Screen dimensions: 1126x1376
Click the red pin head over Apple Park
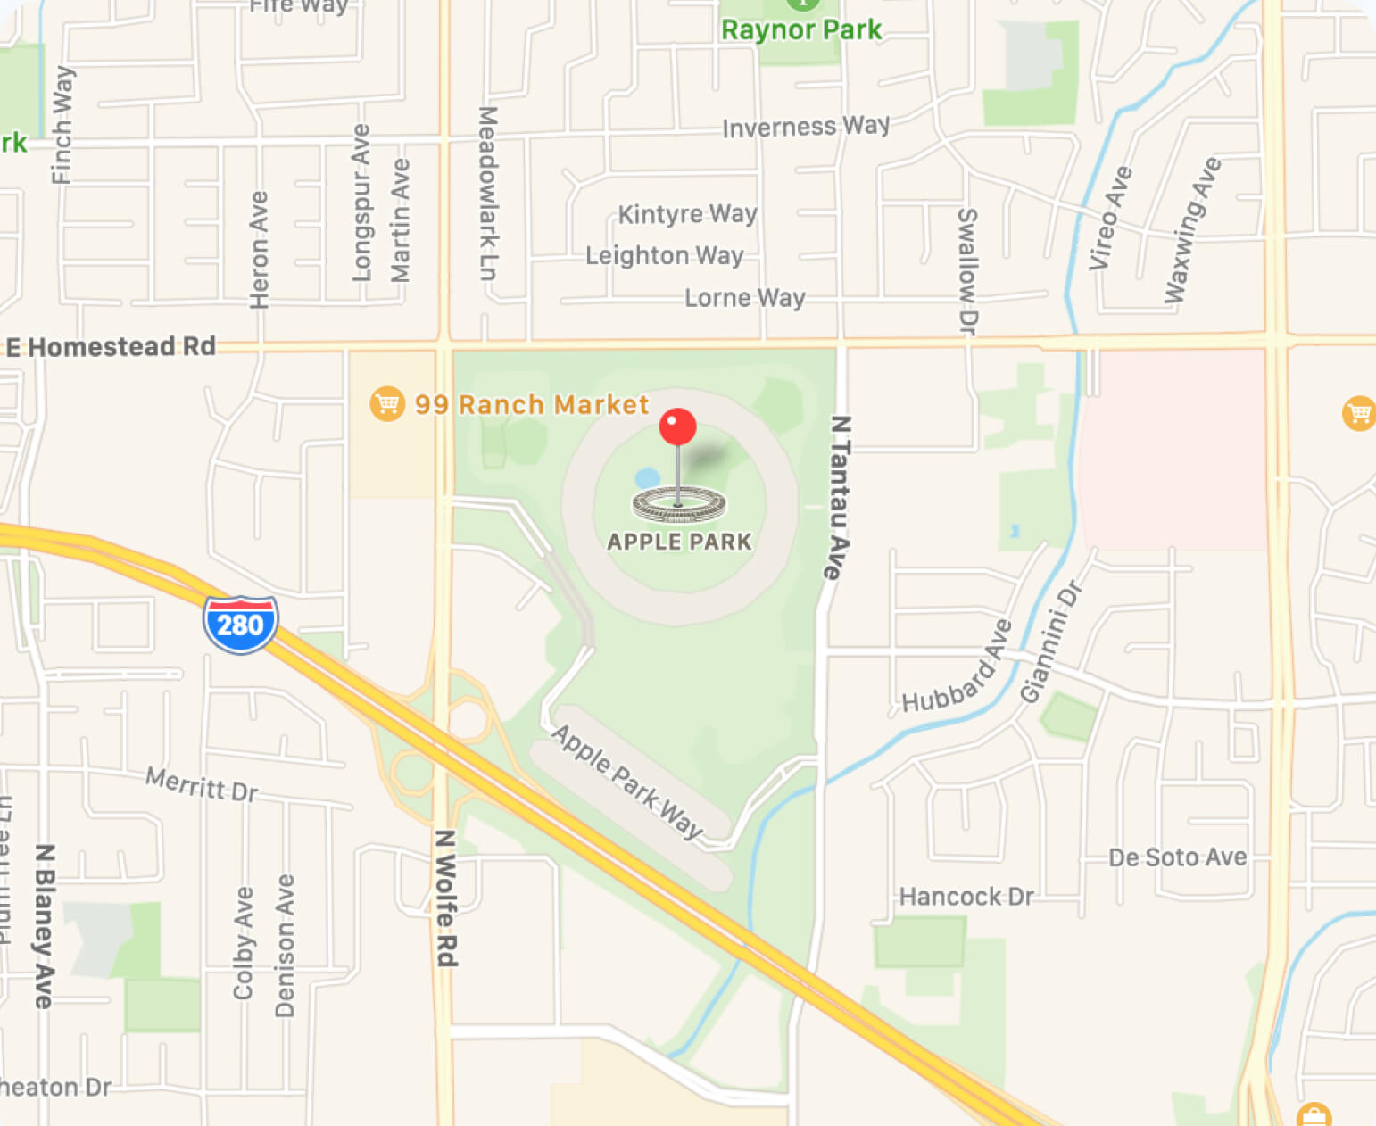pos(677,427)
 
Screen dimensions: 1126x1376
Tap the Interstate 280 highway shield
pos(240,624)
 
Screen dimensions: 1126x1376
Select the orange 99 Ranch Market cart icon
pos(386,404)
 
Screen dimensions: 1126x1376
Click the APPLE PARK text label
pos(679,542)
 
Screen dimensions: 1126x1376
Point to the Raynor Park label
pos(801,30)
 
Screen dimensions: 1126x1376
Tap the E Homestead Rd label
pos(111,346)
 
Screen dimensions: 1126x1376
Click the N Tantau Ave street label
pos(838,497)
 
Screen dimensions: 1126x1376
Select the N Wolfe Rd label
pos(446,898)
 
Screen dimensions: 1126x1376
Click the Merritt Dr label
pos(202,784)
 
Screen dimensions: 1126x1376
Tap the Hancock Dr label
pos(966,896)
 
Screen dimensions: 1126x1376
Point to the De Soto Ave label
pos(1177,857)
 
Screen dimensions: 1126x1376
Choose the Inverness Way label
pos(806,127)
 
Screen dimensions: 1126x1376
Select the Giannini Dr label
pos(1050,642)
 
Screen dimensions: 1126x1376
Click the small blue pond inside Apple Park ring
pos(647,477)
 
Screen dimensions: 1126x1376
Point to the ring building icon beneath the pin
pos(679,505)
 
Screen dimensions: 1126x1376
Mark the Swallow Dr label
pos(967,271)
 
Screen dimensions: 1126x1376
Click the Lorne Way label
pos(744,297)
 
